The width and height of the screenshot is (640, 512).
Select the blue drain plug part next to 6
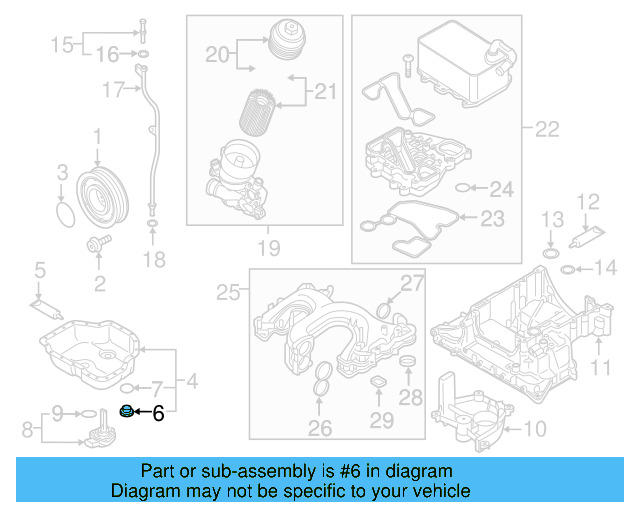[x=126, y=410]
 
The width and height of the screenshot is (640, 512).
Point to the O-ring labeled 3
[x=64, y=214]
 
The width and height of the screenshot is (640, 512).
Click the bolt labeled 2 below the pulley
[x=99, y=243]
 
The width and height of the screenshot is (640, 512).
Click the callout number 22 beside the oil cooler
[x=546, y=128]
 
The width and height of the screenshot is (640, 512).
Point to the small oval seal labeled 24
[x=463, y=188]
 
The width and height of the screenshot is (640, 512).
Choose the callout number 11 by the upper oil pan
[x=598, y=367]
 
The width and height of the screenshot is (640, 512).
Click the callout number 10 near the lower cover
[x=535, y=430]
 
